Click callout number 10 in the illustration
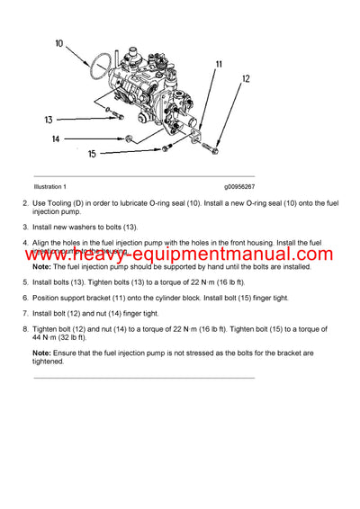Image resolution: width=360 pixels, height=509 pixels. coord(59,43)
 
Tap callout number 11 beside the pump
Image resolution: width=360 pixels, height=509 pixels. coord(218,66)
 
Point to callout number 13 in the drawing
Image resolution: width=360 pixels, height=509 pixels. coord(49,118)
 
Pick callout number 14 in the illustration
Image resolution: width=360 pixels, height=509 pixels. coord(56,138)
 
